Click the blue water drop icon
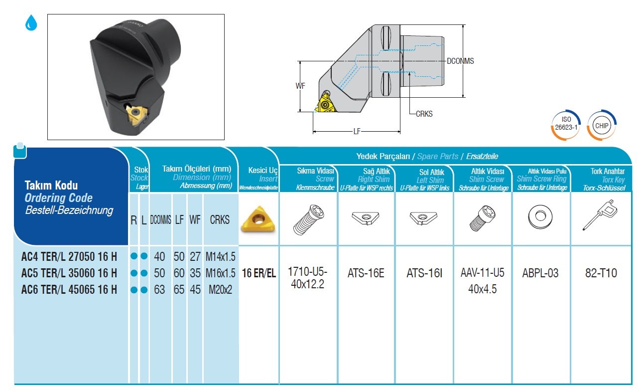(x=31, y=23)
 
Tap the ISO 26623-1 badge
(x=566, y=124)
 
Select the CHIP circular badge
(x=601, y=125)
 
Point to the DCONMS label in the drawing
(x=460, y=61)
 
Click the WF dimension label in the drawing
(x=300, y=86)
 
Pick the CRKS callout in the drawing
(x=424, y=114)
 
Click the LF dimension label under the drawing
(x=357, y=132)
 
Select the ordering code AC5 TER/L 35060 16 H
(x=69, y=273)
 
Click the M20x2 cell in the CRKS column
(x=220, y=289)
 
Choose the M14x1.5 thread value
(x=220, y=257)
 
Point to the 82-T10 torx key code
(x=602, y=273)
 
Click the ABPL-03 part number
(x=540, y=273)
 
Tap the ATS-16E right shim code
(x=366, y=273)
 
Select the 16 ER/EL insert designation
(x=258, y=273)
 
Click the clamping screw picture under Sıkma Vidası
(x=309, y=218)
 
